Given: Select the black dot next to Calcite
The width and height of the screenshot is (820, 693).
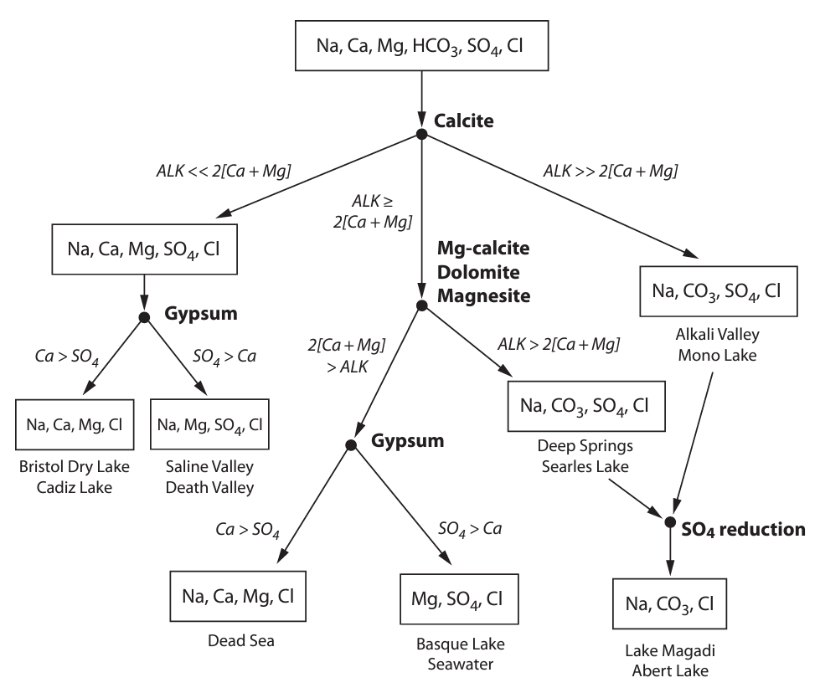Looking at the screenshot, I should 422,135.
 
